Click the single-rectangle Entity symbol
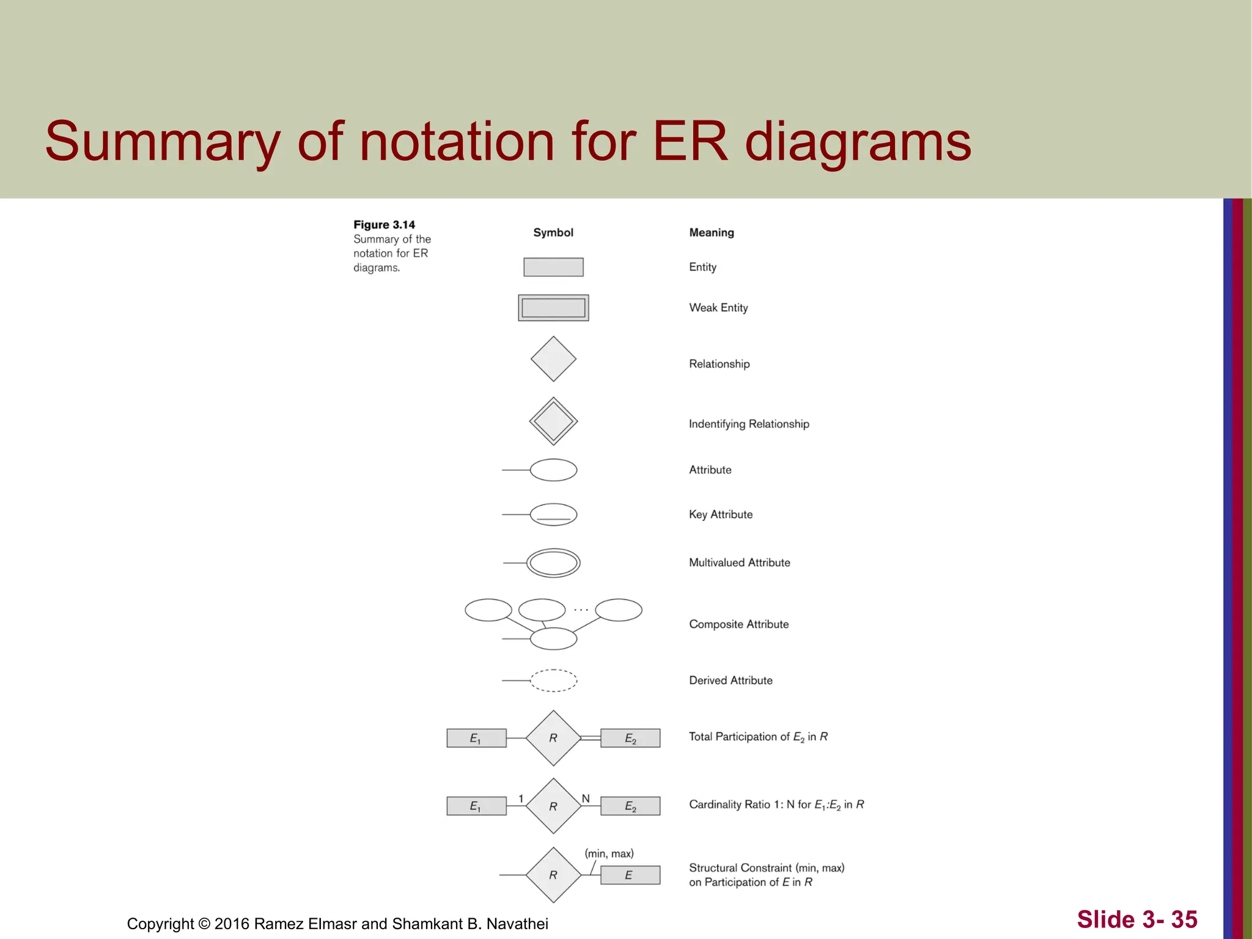pyautogui.click(x=553, y=267)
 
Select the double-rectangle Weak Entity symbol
pyautogui.click(x=553, y=307)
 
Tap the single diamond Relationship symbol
pyautogui.click(x=553, y=359)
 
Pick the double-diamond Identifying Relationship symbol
pyautogui.click(x=553, y=421)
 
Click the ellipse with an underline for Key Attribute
pyautogui.click(x=553, y=515)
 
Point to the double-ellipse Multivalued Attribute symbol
pyautogui.click(x=553, y=563)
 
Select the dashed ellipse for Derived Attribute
pyautogui.click(x=553, y=680)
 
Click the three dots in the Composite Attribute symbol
pyautogui.click(x=581, y=610)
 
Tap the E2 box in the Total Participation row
pyautogui.click(x=630, y=738)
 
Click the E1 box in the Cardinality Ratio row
pyautogui.click(x=476, y=806)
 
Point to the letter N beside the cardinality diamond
pyautogui.click(x=586, y=798)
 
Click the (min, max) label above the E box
pyautogui.click(x=609, y=853)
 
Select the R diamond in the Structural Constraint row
pyautogui.click(x=553, y=875)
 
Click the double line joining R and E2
pyautogui.click(x=590, y=738)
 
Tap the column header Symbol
pyautogui.click(x=553, y=232)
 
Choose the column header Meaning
pyautogui.click(x=712, y=232)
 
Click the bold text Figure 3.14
pyautogui.click(x=384, y=224)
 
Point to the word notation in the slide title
pyautogui.click(x=457, y=142)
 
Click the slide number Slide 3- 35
pyautogui.click(x=1136, y=919)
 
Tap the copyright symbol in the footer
pyautogui.click(x=204, y=924)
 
